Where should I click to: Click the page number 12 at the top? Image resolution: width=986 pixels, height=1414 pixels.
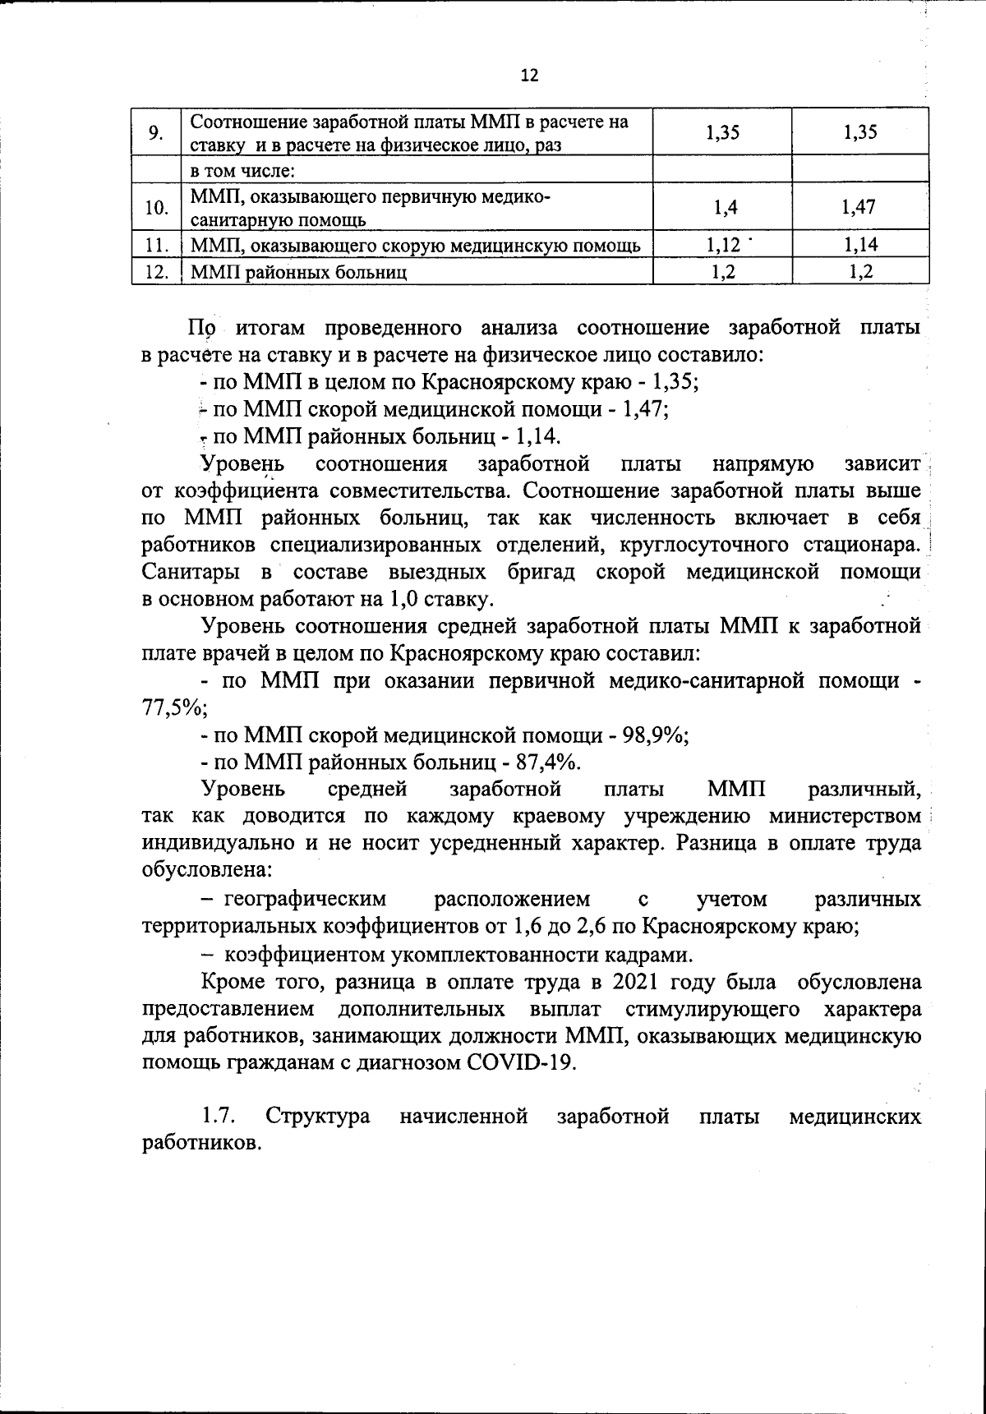pos(530,76)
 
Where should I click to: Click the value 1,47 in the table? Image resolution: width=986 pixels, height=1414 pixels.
pos(859,207)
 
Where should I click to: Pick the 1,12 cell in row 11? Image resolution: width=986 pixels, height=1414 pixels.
pos(723,244)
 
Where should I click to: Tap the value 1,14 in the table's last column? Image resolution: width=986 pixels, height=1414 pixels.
pos(859,244)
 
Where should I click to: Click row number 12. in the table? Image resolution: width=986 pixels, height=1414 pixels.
pos(155,271)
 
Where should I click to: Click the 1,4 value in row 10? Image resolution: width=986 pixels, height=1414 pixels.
pos(723,207)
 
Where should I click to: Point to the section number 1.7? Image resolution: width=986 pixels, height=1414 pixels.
pos(219,1116)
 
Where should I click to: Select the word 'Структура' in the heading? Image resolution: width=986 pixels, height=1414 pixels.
pos(317,1116)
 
